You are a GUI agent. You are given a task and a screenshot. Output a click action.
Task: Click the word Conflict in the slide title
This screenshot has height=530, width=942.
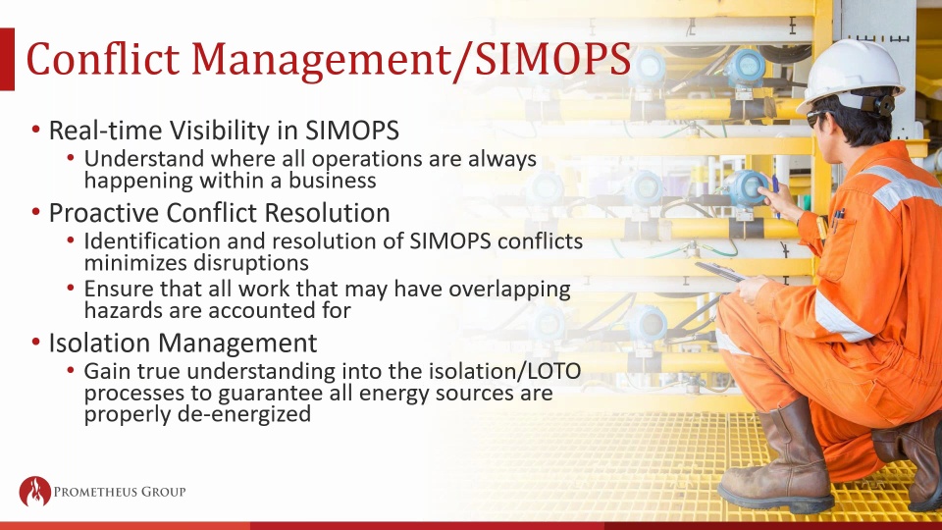[103, 59]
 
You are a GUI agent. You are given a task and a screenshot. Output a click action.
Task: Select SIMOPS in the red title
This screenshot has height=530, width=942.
[552, 59]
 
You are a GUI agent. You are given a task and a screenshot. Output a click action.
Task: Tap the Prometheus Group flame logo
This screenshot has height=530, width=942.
[35, 491]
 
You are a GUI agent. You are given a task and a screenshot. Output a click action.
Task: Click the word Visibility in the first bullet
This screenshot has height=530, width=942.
[234, 130]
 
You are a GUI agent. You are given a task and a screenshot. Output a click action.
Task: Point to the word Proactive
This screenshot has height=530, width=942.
[103, 213]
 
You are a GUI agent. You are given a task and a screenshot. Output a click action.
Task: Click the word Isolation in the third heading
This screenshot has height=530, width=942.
[100, 343]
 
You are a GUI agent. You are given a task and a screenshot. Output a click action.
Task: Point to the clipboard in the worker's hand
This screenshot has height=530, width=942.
[721, 272]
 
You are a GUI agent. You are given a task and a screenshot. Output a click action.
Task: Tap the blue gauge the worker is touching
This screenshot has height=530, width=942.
[747, 188]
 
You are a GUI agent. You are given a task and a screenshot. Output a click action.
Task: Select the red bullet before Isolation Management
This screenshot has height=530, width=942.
[36, 343]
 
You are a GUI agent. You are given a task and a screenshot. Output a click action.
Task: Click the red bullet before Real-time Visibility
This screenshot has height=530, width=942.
[36, 130]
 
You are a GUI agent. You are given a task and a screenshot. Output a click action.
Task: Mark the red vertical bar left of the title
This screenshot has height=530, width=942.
[7, 59]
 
